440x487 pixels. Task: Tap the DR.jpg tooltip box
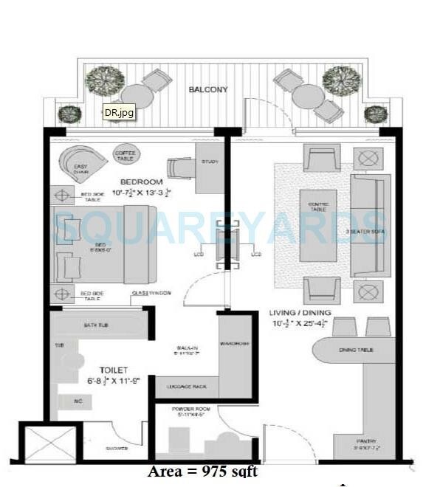(x=118, y=114)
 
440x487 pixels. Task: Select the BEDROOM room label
(x=141, y=182)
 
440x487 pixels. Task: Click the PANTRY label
(x=366, y=442)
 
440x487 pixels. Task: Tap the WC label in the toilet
(x=78, y=401)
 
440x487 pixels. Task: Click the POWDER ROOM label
(x=188, y=407)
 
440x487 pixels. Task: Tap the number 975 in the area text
(x=216, y=472)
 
